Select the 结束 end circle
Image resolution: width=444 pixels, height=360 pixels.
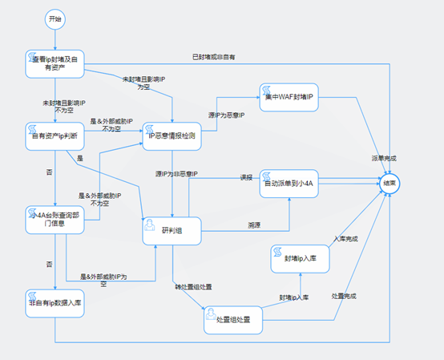[x=389, y=183]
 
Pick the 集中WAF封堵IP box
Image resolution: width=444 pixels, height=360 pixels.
[x=289, y=98]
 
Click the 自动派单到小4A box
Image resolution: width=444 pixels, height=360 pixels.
[x=289, y=184]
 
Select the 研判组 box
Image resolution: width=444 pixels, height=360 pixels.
[x=172, y=230]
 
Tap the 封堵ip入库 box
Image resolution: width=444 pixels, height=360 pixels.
[x=300, y=258]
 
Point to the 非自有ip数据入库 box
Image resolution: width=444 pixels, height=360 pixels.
[x=54, y=305]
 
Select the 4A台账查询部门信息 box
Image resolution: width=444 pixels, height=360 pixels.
[x=54, y=220]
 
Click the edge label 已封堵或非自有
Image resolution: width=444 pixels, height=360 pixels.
[x=215, y=57]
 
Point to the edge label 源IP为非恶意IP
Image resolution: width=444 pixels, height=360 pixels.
[x=176, y=174]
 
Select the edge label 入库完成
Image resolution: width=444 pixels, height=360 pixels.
[x=345, y=239]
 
